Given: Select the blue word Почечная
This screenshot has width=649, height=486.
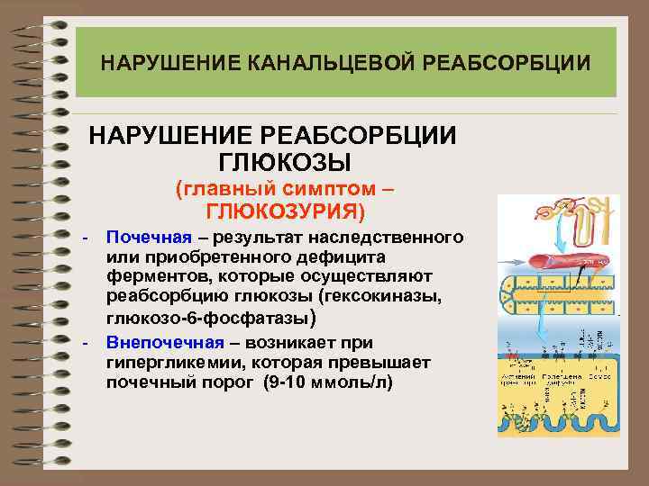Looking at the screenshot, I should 149,238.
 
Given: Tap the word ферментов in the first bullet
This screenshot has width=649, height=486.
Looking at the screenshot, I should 152,277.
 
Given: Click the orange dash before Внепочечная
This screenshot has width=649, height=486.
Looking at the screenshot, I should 84,344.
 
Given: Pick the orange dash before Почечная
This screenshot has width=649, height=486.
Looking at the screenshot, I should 84,238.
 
